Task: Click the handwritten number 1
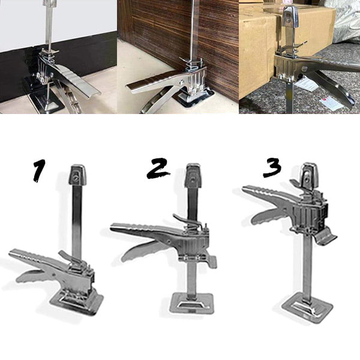click(x=39, y=170)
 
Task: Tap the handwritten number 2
click(x=158, y=168)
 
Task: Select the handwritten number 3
click(x=272, y=167)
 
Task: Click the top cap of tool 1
click(x=77, y=175)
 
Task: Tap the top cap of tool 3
click(x=309, y=176)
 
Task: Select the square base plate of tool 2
click(x=192, y=304)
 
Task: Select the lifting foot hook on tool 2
click(x=211, y=260)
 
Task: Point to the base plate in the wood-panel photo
click(x=195, y=99)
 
